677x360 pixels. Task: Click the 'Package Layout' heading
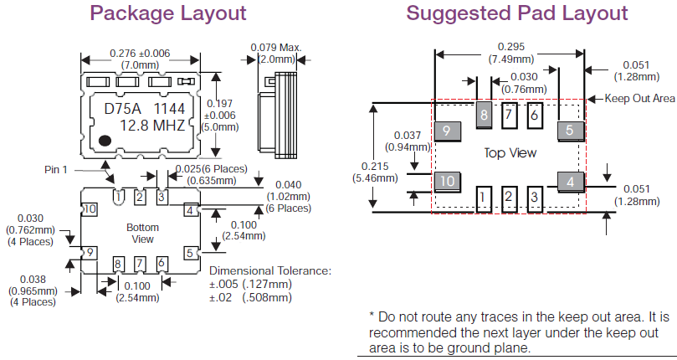click(168, 13)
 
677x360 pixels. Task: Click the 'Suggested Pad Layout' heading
click(516, 13)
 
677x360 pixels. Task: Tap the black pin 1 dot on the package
click(105, 140)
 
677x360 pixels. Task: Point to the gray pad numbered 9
click(447, 131)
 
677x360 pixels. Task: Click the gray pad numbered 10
click(447, 180)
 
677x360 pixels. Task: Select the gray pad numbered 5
click(569, 131)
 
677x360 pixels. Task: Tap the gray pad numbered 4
click(570, 181)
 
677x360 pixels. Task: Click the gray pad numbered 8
click(484, 115)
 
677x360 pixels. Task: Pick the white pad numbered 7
click(509, 115)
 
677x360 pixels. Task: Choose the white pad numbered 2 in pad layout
click(509, 198)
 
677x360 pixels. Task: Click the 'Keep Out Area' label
click(640, 99)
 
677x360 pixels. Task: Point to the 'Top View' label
click(508, 153)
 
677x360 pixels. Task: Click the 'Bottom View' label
click(142, 234)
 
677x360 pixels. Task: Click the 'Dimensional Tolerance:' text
click(269, 271)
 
